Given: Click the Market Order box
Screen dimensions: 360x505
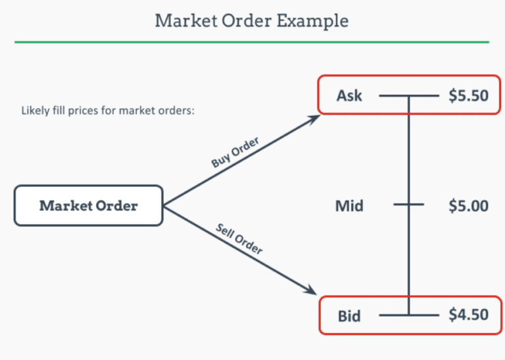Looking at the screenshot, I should [x=88, y=205].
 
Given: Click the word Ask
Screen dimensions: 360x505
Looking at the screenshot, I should [x=349, y=96].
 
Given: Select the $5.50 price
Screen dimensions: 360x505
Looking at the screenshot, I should [x=468, y=96].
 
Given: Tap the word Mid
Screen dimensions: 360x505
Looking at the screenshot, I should [x=349, y=206].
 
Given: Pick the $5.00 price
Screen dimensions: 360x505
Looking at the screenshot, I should [x=468, y=206].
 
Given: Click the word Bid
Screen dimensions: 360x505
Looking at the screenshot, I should [x=349, y=316].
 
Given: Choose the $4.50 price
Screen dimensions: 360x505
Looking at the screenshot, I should [x=468, y=315].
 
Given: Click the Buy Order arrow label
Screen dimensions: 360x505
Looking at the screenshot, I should [x=235, y=153].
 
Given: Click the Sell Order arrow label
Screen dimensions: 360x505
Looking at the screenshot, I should [x=239, y=239].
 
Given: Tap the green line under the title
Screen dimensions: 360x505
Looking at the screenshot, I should [x=252, y=42].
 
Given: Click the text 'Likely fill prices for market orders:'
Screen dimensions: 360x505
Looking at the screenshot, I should [x=108, y=111].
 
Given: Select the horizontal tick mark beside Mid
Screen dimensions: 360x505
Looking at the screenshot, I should [x=409, y=205].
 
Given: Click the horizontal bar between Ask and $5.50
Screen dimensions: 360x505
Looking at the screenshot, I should [x=409, y=96].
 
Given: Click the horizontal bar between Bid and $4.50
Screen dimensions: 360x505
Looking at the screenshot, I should [x=409, y=315].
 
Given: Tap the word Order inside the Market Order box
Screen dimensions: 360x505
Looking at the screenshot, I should [x=116, y=205].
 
